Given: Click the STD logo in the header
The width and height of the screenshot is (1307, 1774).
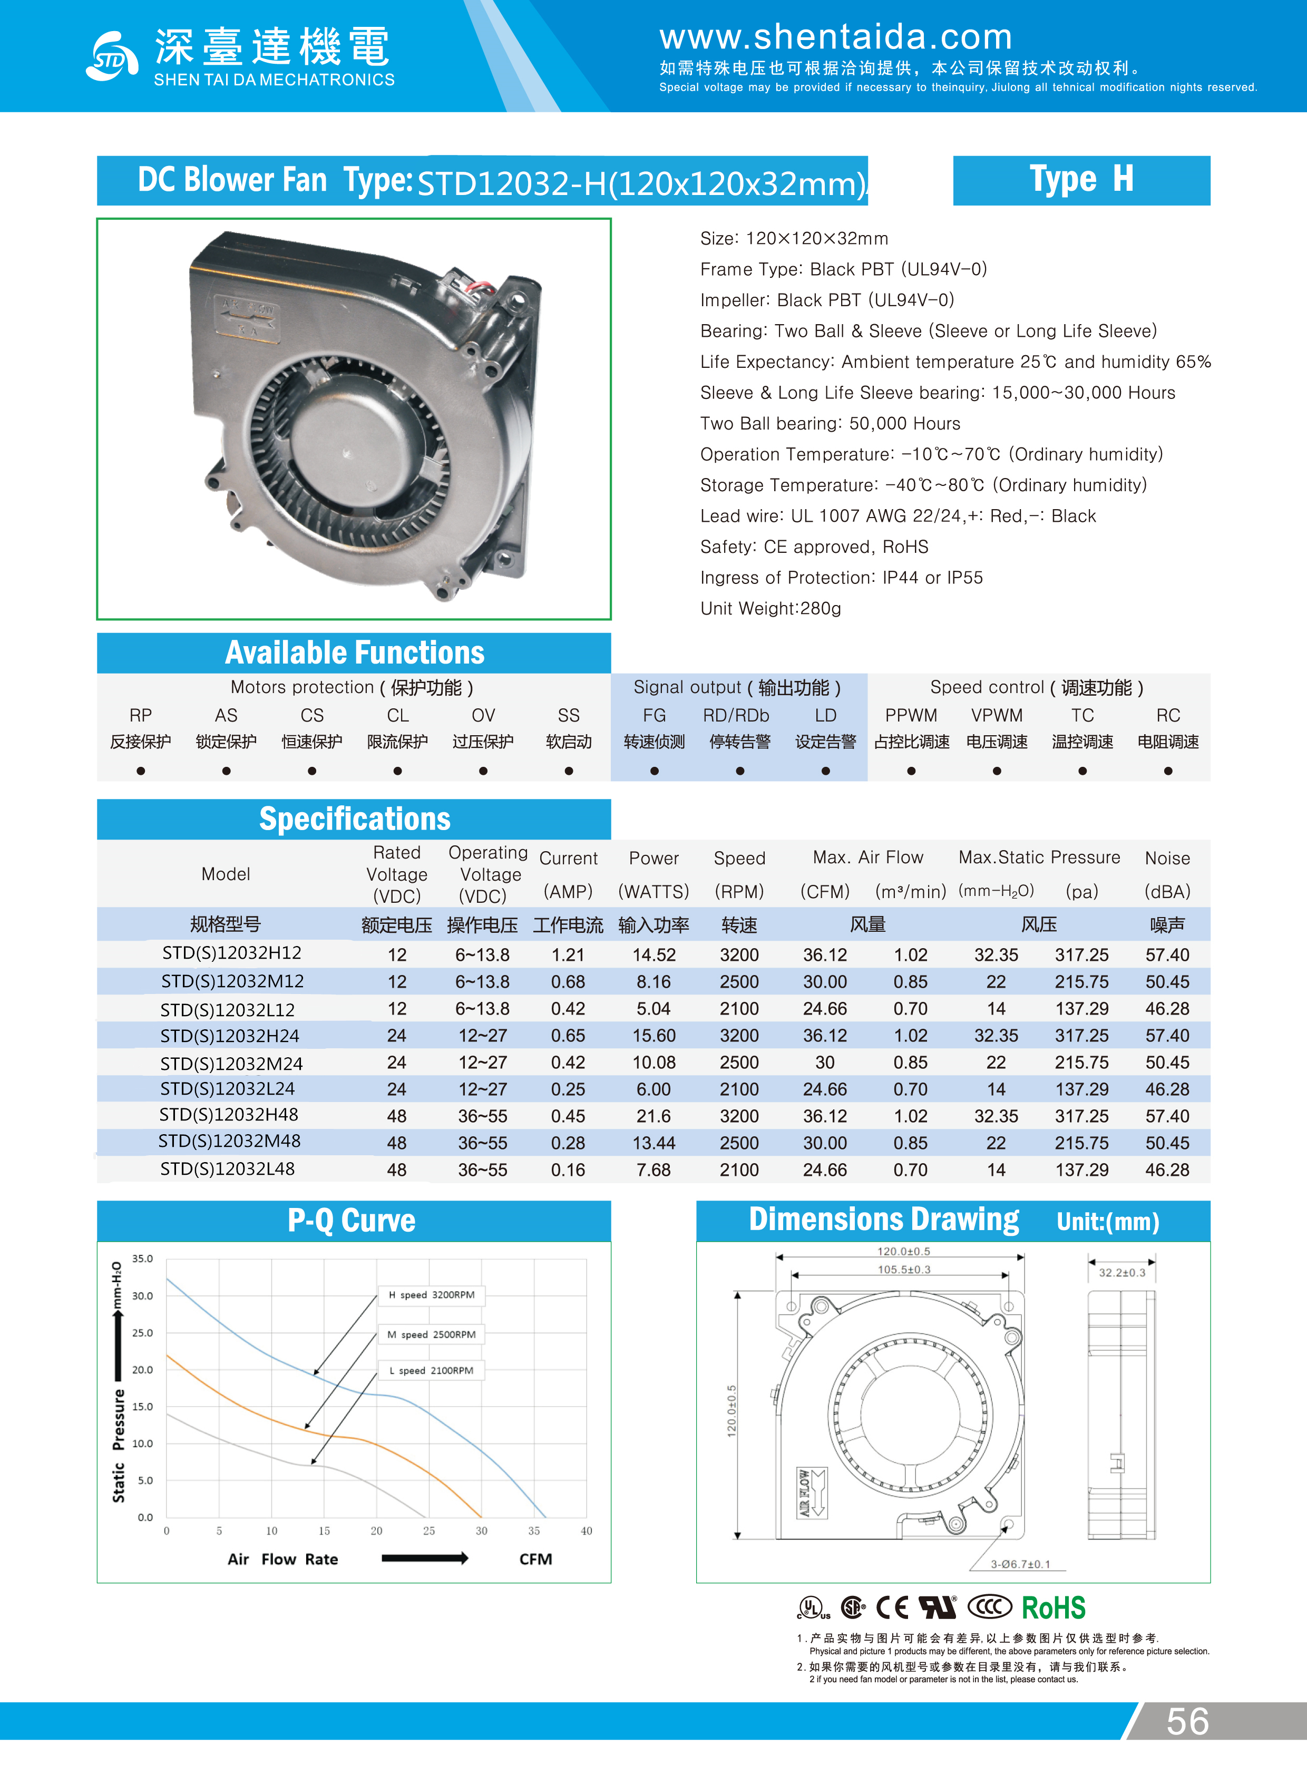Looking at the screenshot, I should coord(112,56).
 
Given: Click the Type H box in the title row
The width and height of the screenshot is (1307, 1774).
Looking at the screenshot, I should coord(1081,180).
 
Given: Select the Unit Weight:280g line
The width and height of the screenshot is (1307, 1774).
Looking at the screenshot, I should coord(770,609).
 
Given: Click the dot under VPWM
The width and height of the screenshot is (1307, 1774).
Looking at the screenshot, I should coord(997,771).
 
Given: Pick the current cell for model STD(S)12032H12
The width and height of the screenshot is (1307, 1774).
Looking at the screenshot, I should coord(568,955).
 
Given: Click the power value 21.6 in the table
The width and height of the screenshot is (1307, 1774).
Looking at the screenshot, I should coord(653,1116).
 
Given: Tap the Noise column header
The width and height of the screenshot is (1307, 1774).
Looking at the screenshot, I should coord(1167,859).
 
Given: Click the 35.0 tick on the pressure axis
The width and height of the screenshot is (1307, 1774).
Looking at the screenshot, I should coord(142,1259).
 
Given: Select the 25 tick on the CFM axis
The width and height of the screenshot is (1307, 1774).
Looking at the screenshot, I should coord(429,1531).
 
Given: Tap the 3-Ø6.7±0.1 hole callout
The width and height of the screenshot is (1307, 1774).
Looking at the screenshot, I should coord(1021,1564).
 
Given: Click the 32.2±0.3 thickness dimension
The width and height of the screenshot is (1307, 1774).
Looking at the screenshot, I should coord(1122,1272).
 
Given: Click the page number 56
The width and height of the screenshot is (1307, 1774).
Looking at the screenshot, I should coord(1187,1722).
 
